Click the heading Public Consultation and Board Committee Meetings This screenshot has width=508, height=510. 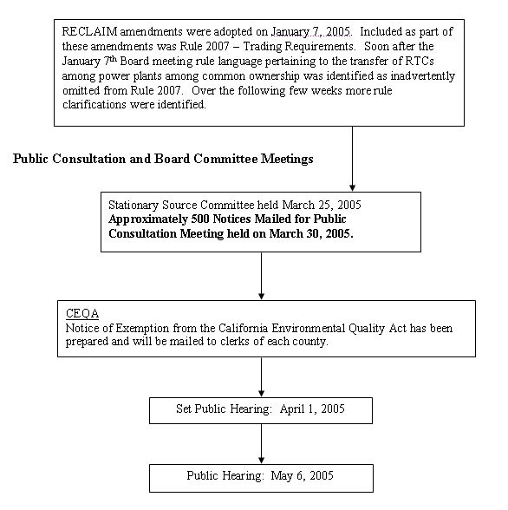(x=164, y=159)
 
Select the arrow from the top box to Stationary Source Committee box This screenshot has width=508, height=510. (x=352, y=156)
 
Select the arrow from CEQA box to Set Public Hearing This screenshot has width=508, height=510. (x=261, y=376)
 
